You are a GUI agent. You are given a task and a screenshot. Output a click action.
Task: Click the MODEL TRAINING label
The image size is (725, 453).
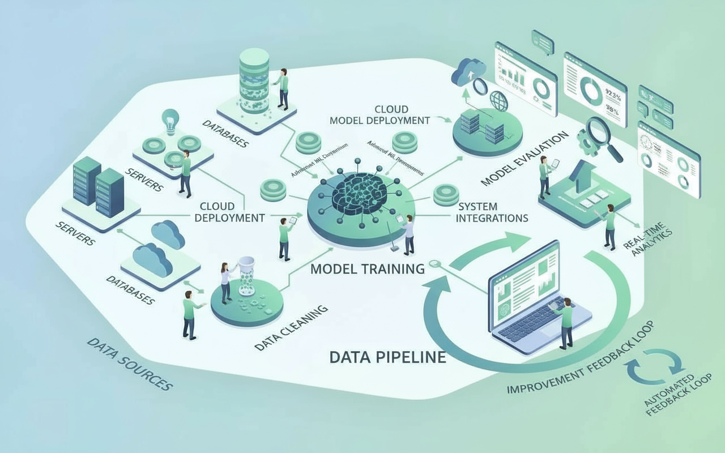click(368, 268)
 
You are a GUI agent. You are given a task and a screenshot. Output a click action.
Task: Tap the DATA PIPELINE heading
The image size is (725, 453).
click(387, 357)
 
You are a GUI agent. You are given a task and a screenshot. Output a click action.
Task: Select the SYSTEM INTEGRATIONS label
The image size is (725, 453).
click(492, 212)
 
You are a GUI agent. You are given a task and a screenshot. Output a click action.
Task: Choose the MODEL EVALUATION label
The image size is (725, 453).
click(524, 159)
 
